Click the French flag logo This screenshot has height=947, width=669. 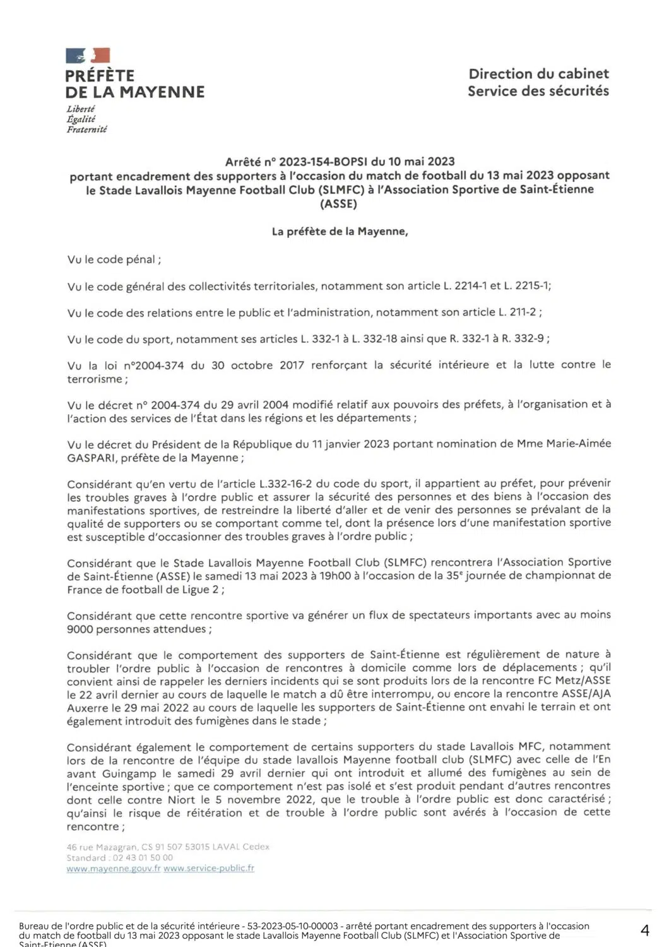coord(88,56)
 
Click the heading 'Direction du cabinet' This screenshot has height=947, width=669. coord(538,74)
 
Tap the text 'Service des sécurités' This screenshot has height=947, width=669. coord(538,91)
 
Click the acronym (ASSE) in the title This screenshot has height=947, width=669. coord(339,203)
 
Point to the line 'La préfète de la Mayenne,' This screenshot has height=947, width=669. coord(340,232)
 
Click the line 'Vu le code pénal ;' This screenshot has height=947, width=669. coord(114,259)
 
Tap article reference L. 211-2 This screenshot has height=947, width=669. coord(517,312)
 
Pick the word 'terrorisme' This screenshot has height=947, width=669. coord(95,379)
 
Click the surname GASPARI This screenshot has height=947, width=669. coord(90,458)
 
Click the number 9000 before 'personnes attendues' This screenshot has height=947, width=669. coord(80,629)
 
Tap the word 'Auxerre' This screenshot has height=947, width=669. coord(88,708)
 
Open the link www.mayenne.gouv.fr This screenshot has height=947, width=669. coord(114,869)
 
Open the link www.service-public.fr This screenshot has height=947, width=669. coord(209,869)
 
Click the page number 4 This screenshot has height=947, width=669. coord(644,930)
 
